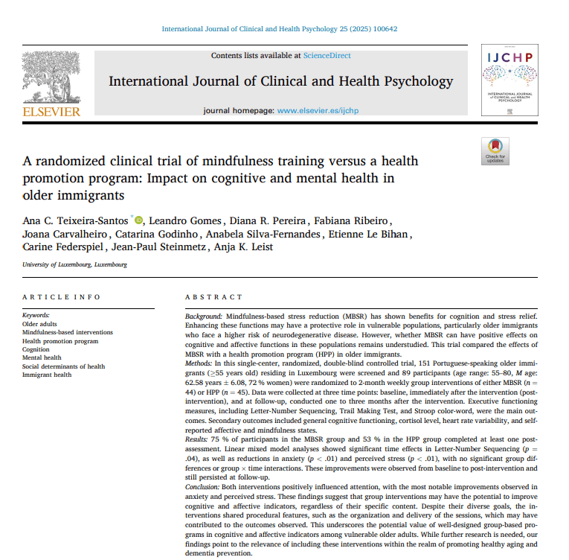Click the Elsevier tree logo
coord(51,78)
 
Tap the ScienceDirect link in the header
coord(327,55)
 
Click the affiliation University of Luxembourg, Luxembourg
coord(74,264)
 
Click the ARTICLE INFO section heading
coord(61,297)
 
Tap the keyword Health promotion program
coord(60,341)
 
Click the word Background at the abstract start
coord(203,316)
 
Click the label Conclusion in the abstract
coord(204,486)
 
